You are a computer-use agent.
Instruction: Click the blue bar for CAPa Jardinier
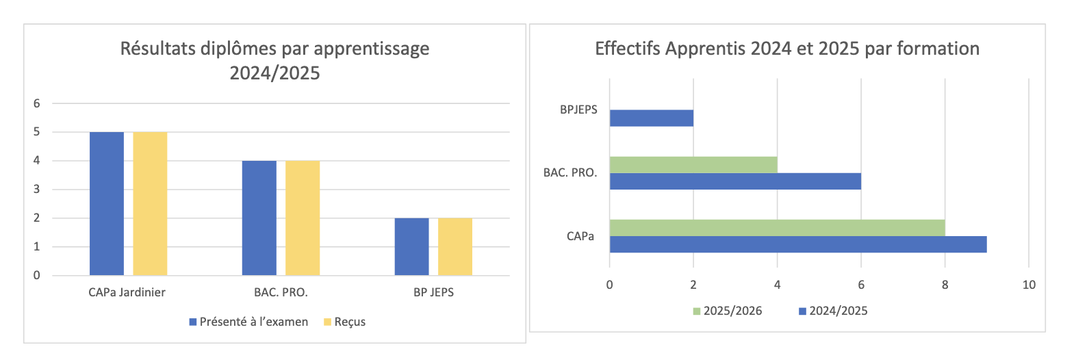107,203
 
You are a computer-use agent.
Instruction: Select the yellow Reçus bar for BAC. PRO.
303,218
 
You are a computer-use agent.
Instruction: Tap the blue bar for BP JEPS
412,246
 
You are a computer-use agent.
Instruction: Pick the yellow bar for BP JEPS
455,246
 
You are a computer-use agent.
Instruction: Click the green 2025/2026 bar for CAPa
777,228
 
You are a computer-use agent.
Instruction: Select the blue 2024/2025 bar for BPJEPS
651,118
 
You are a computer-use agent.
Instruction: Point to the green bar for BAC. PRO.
693,165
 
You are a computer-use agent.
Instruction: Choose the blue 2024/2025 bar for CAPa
798,244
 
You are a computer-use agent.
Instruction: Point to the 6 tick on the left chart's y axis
37,103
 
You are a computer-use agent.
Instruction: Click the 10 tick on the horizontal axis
1029,285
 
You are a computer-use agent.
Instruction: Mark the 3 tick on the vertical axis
37,190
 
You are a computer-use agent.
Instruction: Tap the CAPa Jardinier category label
127,292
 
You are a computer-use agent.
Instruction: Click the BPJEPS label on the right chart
578,110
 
